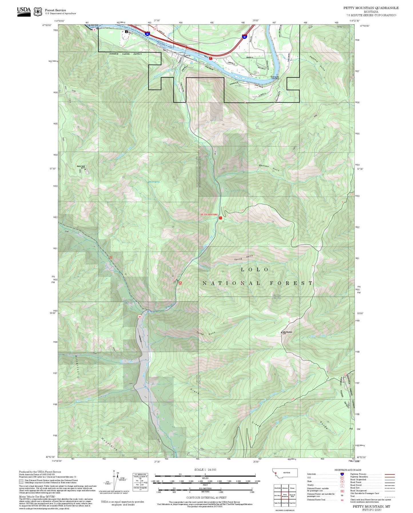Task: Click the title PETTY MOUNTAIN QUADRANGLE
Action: (x=371, y=8)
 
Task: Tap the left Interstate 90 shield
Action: (x=147, y=33)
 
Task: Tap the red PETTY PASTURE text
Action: (x=209, y=214)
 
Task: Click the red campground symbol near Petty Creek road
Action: (x=180, y=283)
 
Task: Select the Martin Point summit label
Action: (x=81, y=166)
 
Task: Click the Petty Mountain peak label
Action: (x=287, y=332)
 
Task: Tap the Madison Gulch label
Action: (x=269, y=168)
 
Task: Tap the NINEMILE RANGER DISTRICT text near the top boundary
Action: (x=125, y=54)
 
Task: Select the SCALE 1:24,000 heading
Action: (x=205, y=470)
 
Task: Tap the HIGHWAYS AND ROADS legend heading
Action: (x=348, y=470)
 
